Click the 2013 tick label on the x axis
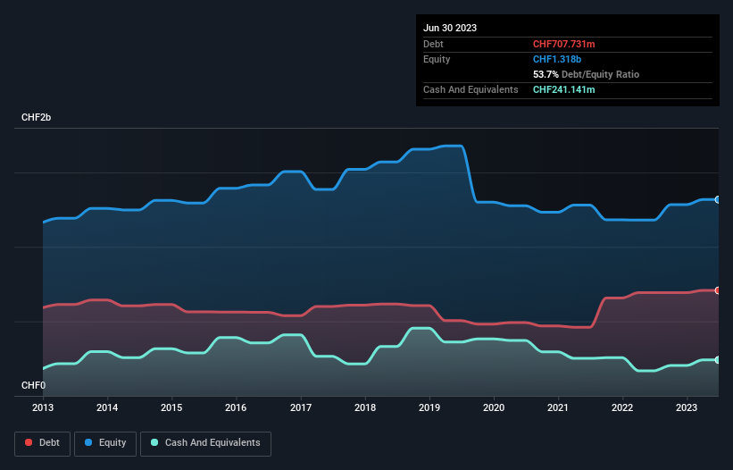43,407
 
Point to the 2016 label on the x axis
236,407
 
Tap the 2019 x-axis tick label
429,407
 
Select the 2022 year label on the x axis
622,407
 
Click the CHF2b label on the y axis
37,118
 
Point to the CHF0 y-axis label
34,385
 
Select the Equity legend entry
105,443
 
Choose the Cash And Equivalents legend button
205,443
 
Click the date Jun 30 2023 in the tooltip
450,28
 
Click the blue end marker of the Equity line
718,199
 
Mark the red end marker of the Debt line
718,290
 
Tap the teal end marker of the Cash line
718,359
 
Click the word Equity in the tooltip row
437,59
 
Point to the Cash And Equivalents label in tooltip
471,89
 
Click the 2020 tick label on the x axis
494,407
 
